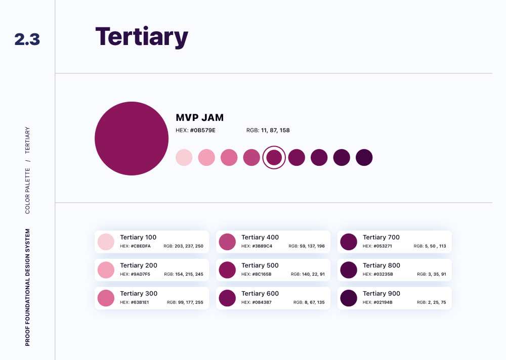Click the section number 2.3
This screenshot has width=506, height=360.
[x=27, y=39]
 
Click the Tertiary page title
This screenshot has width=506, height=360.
[x=142, y=36]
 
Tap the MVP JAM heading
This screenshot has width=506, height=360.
[x=199, y=118]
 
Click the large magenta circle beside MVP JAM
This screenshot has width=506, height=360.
[x=132, y=139]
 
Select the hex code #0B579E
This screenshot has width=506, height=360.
[x=202, y=130]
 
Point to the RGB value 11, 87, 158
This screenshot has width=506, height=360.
[x=275, y=130]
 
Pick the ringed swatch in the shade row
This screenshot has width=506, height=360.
[x=274, y=158]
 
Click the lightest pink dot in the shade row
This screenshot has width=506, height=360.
[x=184, y=158]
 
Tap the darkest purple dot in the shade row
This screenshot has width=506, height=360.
[x=364, y=158]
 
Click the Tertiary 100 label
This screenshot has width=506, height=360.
[x=138, y=237]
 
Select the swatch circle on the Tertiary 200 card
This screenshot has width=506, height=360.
[x=106, y=270]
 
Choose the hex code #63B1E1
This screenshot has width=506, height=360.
[x=140, y=302]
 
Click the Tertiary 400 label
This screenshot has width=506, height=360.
[x=260, y=237]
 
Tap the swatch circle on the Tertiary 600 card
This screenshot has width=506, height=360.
[x=228, y=298]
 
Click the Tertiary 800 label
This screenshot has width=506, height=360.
[x=382, y=265]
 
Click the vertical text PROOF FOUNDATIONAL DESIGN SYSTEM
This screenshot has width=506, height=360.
[x=28, y=287]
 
